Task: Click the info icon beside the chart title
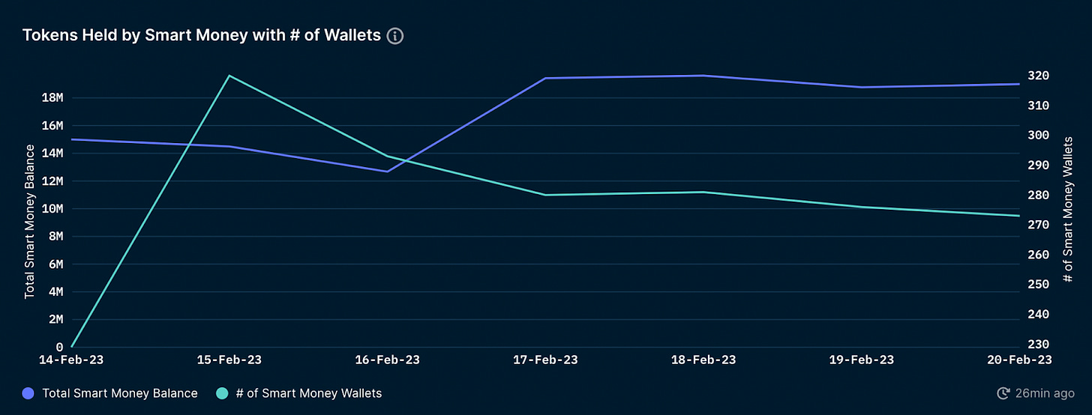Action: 395,36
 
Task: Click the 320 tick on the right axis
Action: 1039,76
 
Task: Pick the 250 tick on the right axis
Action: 1039,285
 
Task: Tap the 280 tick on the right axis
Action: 1039,196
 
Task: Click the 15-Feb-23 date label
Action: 229,360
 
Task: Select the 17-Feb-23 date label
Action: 545,360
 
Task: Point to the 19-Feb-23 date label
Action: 862,360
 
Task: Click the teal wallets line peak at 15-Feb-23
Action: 229,76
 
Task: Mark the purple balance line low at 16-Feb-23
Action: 387,172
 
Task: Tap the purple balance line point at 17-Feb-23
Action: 545,79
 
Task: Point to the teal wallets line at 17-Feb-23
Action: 545,195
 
